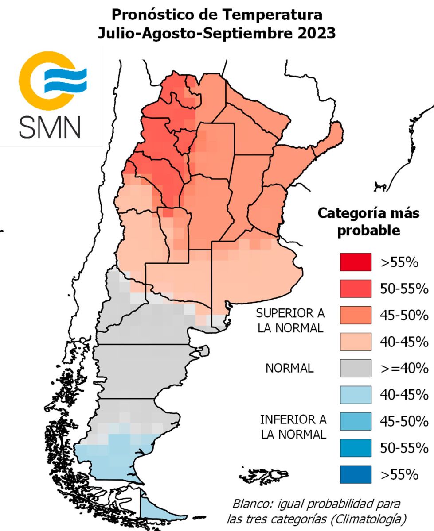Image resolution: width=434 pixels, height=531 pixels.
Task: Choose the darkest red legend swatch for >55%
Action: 355,262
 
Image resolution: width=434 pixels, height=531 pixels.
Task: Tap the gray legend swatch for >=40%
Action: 355,368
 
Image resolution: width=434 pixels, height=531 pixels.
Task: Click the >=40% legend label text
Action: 404,368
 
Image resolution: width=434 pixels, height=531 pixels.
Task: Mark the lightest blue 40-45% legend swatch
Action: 355,394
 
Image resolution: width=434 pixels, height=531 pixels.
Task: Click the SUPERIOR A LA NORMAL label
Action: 290,321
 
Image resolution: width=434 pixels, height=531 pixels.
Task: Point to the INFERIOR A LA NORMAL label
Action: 293,427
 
